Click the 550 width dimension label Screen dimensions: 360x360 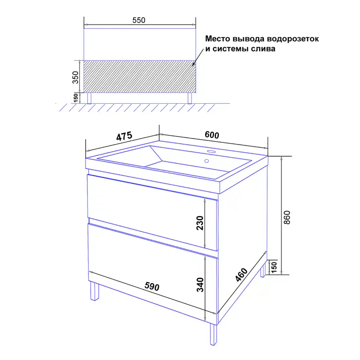tap(139, 20)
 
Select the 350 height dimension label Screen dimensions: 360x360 tap(75, 77)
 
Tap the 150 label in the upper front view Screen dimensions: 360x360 tap(76, 98)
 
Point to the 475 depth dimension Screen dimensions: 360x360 tap(124, 136)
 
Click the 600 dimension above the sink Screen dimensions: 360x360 tap(212, 135)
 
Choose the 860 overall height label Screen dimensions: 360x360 tap(287, 218)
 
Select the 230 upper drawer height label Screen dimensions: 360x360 tap(200, 223)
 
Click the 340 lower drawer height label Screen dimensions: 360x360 tap(200, 285)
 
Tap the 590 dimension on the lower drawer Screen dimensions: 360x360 tap(152, 286)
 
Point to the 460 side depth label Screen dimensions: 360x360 tap(242, 274)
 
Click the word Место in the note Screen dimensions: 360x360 tap(218, 38)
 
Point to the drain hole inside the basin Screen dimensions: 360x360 tap(207, 161)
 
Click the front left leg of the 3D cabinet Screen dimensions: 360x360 tap(94, 291)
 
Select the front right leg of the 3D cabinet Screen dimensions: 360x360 tap(213, 334)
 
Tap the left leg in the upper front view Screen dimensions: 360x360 tap(89, 98)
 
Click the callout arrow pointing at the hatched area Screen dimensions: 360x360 tap(198, 57)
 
